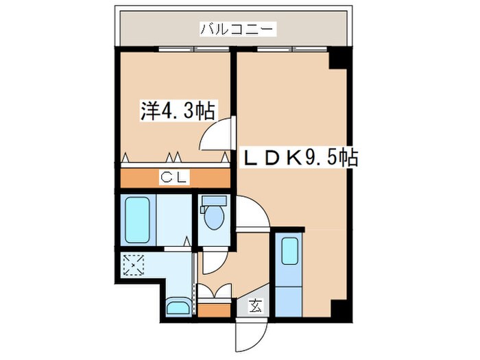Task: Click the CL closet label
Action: [x=176, y=177]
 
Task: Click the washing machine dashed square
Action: [x=133, y=265]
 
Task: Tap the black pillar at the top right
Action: [x=338, y=59]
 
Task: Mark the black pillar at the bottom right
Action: [x=338, y=309]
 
